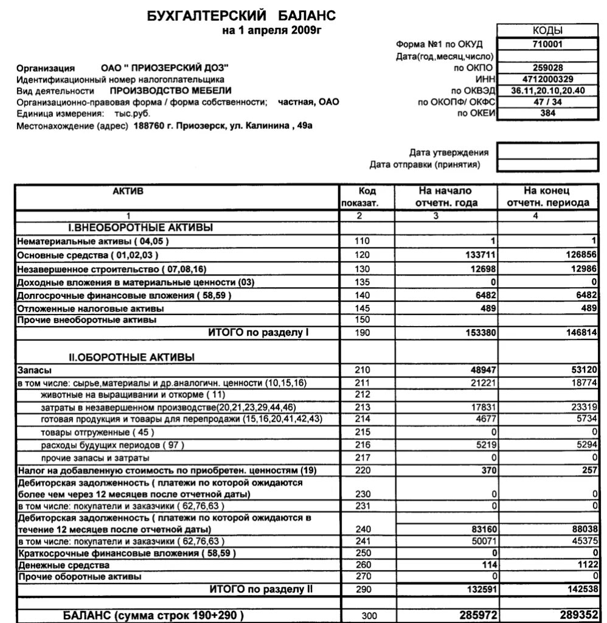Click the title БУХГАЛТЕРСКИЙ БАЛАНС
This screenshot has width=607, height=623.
click(x=241, y=15)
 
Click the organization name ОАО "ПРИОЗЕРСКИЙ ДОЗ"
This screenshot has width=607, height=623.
click(x=165, y=68)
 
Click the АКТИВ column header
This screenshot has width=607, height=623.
click(x=129, y=191)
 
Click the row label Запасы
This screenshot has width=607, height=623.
click(x=34, y=370)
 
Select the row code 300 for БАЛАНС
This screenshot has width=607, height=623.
click(x=369, y=616)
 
